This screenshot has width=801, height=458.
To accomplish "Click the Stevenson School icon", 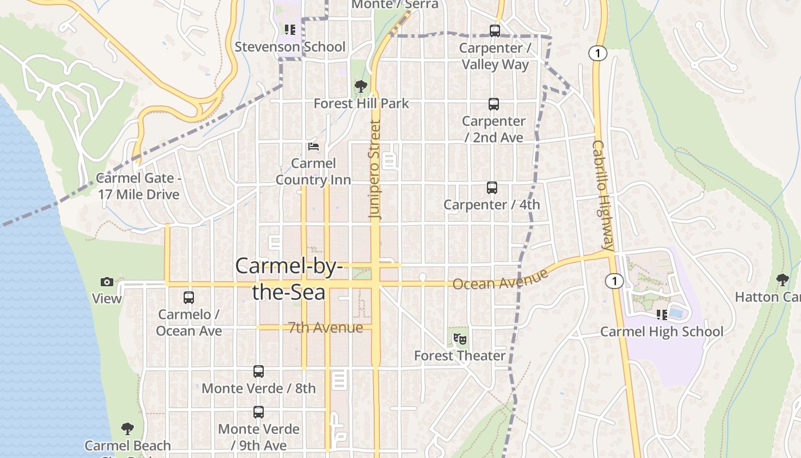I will coord(290,30).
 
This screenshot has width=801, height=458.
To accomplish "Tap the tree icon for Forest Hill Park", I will coord(360,86).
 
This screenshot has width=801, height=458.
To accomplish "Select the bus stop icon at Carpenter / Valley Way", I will coord(495,31).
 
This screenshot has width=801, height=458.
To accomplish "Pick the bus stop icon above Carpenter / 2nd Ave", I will coord(494,104).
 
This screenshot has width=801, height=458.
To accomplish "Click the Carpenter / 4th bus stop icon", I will coord(492,188).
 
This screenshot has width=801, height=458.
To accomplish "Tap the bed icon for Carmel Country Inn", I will coord(313,147).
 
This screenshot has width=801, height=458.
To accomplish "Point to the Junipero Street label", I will coord(375,169).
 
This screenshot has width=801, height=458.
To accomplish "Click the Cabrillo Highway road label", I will coord(604,196).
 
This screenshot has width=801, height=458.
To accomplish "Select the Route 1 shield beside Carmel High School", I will coord(614,281).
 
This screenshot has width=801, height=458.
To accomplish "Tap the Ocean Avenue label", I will coord(500,280).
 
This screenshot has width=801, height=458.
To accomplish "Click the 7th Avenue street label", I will coord(325,327).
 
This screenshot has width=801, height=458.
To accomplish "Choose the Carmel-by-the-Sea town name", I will coord(289,279).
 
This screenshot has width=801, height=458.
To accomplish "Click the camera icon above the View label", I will coord(107,282).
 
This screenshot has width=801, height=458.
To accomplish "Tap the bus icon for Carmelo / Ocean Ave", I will coord(189,298).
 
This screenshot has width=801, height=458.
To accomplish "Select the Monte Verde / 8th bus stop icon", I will coord(259,372).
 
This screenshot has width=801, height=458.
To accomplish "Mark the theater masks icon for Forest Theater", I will coord(459,339).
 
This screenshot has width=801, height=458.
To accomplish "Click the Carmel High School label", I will coord(661,331).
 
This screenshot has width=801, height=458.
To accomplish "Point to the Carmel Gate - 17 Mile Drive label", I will coord(138,186).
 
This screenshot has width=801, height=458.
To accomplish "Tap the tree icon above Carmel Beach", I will coord(128,429).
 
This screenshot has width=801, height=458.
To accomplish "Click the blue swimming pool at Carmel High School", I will coord(677,313).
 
